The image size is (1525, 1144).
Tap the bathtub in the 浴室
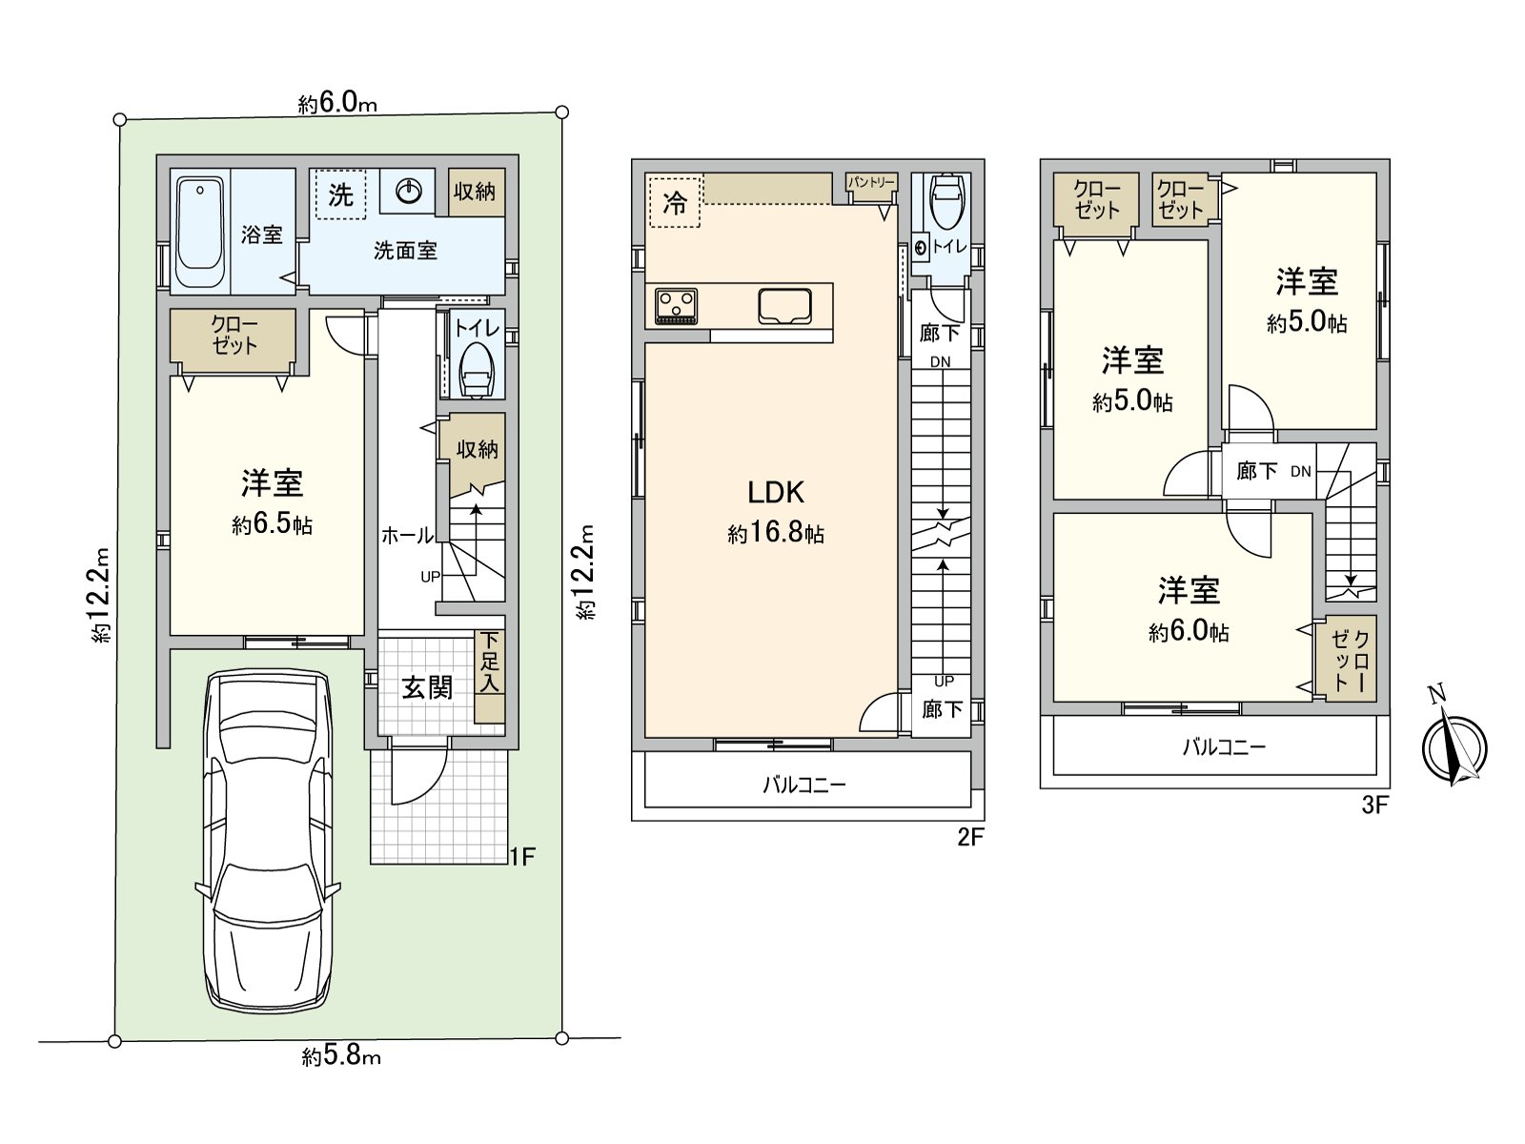[200, 231]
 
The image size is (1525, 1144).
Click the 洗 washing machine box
[340, 194]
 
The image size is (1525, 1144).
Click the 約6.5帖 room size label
[272, 524]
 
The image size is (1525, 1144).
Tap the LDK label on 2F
[775, 492]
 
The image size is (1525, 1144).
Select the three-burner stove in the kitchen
[677, 306]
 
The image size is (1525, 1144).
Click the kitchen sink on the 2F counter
[786, 306]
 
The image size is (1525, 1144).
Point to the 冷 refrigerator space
[674, 202]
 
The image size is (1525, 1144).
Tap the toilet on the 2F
[945, 201]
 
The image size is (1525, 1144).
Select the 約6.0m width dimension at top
[337, 103]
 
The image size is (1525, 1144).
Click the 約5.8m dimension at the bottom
[341, 1056]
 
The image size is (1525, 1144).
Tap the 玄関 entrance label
[426, 686]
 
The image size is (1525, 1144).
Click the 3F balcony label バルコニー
[1224, 746]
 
